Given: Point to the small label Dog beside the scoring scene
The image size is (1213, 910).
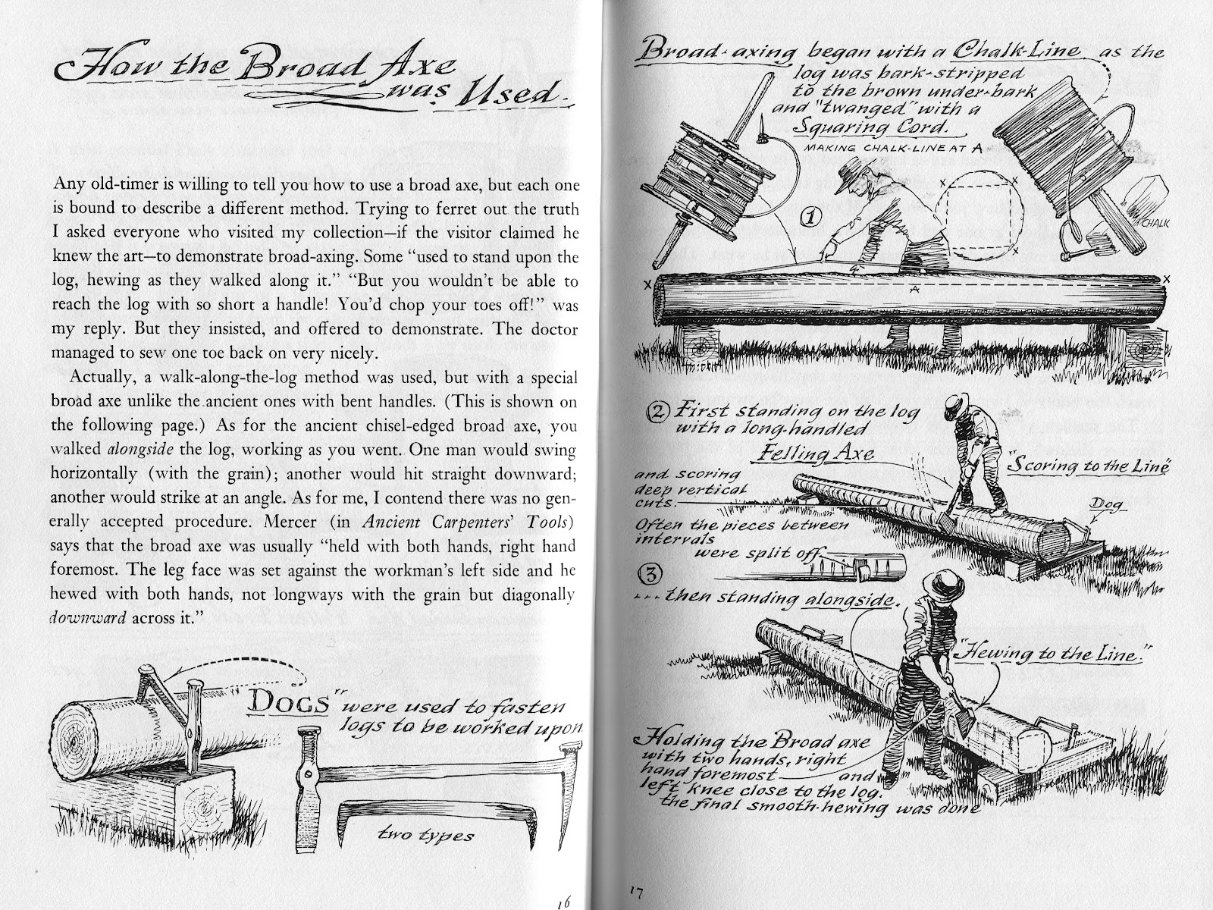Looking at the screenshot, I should (x=1106, y=506).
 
